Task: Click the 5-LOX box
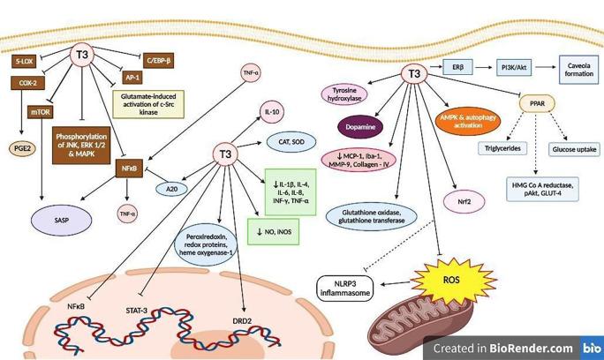25,62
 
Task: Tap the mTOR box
40,113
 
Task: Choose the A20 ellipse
172,187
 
